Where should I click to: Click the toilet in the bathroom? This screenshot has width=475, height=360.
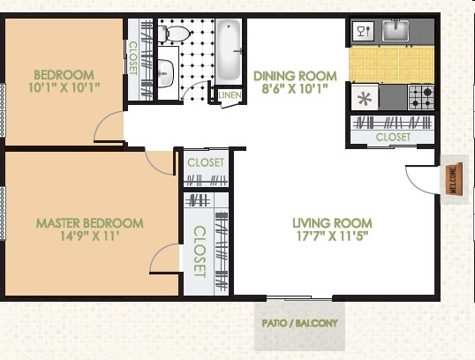(176, 34)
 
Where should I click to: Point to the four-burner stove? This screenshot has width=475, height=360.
(421, 94)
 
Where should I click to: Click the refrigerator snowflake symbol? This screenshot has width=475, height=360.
(363, 95)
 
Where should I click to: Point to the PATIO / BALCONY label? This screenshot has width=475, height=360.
(299, 323)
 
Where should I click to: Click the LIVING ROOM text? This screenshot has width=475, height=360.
(332, 222)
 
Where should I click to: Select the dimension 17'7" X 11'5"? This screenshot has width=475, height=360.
(332, 236)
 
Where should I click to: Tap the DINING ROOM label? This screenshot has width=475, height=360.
(295, 76)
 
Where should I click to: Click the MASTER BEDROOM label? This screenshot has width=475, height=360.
(89, 222)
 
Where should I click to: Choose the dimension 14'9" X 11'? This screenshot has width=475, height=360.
(89, 236)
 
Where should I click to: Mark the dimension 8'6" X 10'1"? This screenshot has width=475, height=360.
(295, 89)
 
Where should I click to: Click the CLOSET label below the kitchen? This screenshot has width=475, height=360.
(393, 138)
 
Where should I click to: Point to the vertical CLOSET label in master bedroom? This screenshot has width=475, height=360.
(200, 251)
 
